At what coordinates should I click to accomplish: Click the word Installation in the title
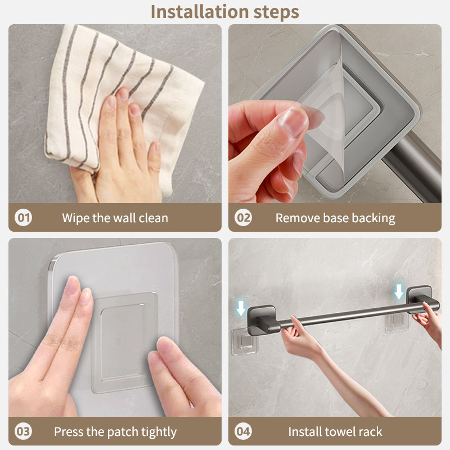coord(200,12)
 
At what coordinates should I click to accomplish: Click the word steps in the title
coord(276,12)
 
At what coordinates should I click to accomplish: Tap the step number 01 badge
coord(23,217)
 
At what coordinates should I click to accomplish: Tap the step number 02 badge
coord(243,217)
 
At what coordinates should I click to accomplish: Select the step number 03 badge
coord(23,431)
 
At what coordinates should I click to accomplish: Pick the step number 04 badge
coord(243,431)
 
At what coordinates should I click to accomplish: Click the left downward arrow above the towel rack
coord(241,308)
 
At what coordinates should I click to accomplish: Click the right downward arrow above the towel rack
coord(399,291)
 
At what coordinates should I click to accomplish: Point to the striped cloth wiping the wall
coord(120,103)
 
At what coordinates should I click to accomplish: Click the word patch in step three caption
coord(123,432)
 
